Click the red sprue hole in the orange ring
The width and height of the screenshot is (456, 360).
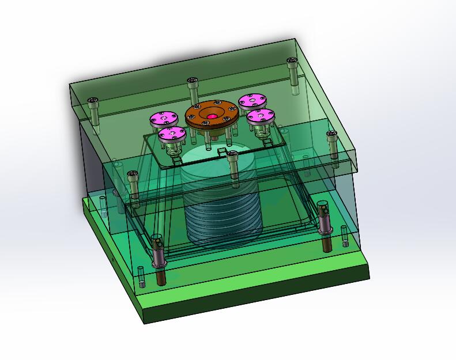pos(212,117)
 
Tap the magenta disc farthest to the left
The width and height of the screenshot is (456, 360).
pos(163,119)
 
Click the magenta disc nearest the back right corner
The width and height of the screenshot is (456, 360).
pos(251,101)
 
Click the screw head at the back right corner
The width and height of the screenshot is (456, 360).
pos(292,62)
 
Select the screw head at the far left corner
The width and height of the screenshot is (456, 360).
pos(93,103)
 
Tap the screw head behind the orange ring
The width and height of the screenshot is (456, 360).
pos(193,81)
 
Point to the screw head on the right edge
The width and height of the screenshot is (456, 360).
pos(331,135)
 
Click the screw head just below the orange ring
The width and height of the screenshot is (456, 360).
pos(232,154)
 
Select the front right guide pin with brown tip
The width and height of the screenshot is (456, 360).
pos(325,225)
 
